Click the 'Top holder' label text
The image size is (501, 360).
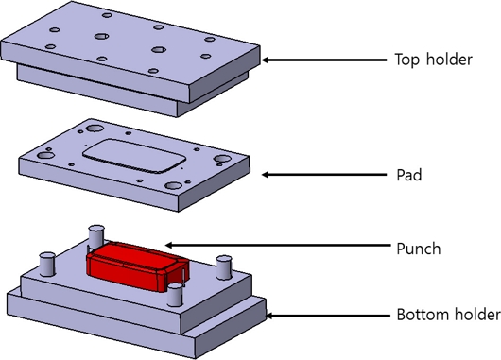point(433,60)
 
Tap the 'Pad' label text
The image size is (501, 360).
point(409,175)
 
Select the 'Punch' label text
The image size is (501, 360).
point(418,249)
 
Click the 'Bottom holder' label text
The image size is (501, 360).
point(448,315)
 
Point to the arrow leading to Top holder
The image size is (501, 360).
point(324,60)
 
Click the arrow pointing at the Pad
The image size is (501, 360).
point(324,175)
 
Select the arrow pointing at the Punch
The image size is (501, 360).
point(278,246)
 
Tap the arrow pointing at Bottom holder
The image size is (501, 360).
point(328,316)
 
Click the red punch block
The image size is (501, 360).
point(137,266)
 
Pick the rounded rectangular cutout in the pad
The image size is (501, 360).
point(134,156)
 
